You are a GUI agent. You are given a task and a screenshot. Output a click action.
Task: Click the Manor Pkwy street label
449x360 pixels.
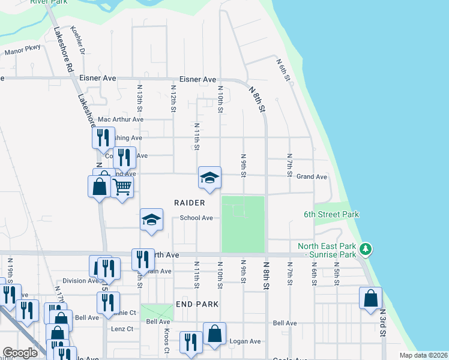click(x=22, y=52)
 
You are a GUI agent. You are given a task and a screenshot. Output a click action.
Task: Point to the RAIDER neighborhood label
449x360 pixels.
click(x=190, y=203)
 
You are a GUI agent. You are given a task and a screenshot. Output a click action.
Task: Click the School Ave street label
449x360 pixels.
click(x=196, y=218)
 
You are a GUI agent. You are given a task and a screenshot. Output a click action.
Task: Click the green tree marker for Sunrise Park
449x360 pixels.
click(x=365, y=248)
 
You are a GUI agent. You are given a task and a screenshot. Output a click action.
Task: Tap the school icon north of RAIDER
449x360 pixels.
click(x=209, y=178)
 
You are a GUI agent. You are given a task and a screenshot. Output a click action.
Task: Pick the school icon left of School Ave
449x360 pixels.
click(x=152, y=220)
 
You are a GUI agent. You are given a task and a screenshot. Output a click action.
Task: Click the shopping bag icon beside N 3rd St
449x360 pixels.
click(x=371, y=298)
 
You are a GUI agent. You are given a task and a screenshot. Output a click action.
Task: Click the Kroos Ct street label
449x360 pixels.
click(x=166, y=340)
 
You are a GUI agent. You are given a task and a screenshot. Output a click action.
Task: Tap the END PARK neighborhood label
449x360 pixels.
click(x=193, y=304)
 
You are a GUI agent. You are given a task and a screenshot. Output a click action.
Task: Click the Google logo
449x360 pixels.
click(x=20, y=353)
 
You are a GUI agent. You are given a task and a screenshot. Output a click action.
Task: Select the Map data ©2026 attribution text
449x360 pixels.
click(x=423, y=355)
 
